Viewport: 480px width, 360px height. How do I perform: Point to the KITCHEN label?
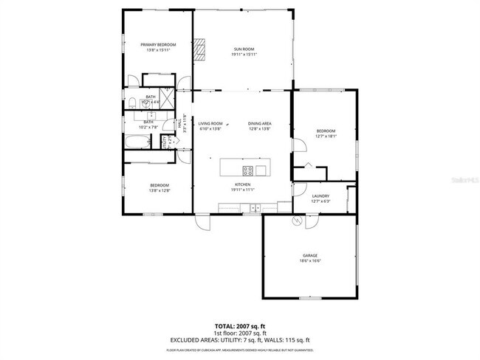pos(242,184)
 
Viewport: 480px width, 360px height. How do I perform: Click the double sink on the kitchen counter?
pos(256,207)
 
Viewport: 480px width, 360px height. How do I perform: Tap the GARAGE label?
pos(309,255)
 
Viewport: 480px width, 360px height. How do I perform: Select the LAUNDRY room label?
pos(320,195)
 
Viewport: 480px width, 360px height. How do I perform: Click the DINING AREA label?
pos(259,123)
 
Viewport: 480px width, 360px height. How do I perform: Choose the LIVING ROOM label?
pos(210,123)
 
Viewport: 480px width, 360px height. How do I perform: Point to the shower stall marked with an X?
pos(165,97)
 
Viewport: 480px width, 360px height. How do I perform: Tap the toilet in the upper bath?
pos(130,102)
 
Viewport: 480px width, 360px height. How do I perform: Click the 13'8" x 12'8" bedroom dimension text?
pos(160,190)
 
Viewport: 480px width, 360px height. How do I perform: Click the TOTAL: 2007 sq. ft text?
pos(240,325)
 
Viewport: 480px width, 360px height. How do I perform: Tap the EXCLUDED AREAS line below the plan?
pos(240,339)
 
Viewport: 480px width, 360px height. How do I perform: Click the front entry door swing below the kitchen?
pos(202,221)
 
